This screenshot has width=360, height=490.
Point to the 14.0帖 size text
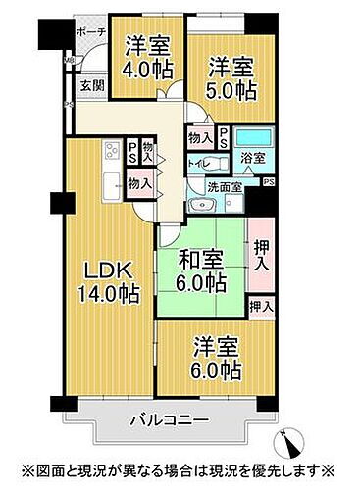coord(107,293)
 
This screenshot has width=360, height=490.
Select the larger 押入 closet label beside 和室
coord(259,256)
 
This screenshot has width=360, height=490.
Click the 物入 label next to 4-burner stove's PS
coord(148,151)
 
